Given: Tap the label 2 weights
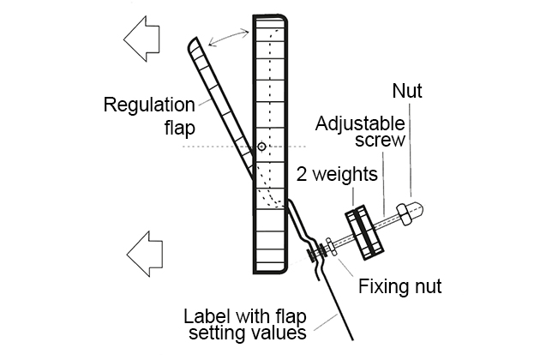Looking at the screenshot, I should [x=337, y=175].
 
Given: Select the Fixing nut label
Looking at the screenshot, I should [x=399, y=286].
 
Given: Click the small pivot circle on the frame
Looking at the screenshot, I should [x=261, y=147].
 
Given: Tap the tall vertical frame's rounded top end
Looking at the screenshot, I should [x=269, y=21].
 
